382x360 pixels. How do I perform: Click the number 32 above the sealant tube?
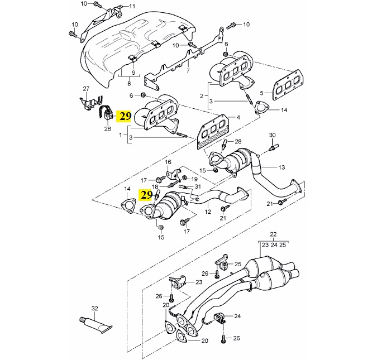(94, 309)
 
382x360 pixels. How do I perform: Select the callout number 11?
(132, 6)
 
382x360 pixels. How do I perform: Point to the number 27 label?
(86, 89)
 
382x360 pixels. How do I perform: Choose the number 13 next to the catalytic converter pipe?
(281, 167)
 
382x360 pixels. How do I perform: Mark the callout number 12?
(208, 212)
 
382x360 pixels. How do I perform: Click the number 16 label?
(168, 162)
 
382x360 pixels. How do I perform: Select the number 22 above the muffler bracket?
(273, 234)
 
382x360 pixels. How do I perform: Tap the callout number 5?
(262, 93)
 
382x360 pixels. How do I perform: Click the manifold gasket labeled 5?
(288, 85)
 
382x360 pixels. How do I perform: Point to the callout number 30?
(272, 135)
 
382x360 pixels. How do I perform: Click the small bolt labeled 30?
(274, 147)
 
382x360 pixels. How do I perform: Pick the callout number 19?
(194, 179)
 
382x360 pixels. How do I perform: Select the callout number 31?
(198, 186)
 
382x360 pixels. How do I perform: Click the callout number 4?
(238, 118)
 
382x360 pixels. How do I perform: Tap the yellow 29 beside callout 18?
(146, 195)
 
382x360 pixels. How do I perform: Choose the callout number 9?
(133, 73)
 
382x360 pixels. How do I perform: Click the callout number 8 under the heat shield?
(129, 84)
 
